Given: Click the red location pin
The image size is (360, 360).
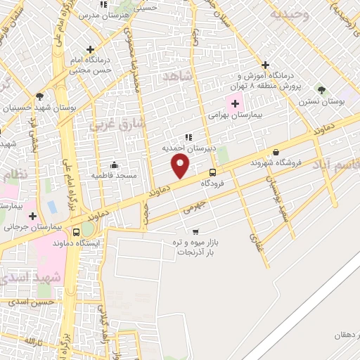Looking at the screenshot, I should tap(181, 166).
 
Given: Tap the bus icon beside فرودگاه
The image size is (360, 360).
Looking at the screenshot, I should tap(212, 172).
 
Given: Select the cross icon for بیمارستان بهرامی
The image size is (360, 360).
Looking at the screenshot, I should tap(235, 103).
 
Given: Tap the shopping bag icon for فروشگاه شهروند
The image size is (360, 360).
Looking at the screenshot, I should tap(275, 152).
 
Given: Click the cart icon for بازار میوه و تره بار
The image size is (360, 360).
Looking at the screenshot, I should tap(195, 231).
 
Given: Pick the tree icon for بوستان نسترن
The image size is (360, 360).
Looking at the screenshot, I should tap(321, 90).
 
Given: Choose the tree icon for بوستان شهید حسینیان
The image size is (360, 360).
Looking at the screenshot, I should tap(39, 96).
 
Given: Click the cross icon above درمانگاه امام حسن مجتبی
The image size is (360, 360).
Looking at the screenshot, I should tap(89, 49).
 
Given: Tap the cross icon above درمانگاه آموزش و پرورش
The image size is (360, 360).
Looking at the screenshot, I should tap(265, 64).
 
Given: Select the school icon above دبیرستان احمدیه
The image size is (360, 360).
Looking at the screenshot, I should tap(188, 137).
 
